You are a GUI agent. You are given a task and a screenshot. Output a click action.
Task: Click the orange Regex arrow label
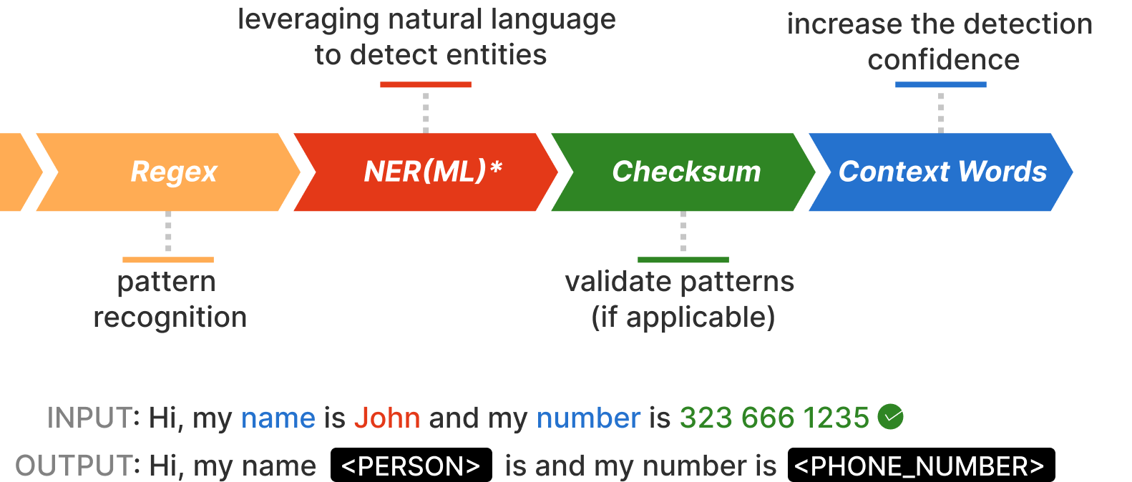[x=174, y=172]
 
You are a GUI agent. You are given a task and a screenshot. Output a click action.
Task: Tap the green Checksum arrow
[x=685, y=172]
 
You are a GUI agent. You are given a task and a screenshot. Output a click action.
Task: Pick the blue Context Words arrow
[x=942, y=172]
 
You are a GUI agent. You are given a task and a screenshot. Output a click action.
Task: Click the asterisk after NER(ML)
[x=496, y=168]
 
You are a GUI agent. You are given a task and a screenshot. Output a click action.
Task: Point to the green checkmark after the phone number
[x=890, y=416]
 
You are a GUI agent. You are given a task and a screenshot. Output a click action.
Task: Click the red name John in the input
[x=387, y=418]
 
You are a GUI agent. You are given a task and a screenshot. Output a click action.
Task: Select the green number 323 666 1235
[x=774, y=418]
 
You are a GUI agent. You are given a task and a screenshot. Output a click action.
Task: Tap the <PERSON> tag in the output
[x=411, y=466]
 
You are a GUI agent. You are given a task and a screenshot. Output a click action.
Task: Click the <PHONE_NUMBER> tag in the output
[x=919, y=466]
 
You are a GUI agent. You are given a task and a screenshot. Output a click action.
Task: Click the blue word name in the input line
[x=278, y=418]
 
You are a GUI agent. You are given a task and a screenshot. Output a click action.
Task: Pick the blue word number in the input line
[x=588, y=418]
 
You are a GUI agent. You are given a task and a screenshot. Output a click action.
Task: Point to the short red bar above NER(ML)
[x=426, y=84]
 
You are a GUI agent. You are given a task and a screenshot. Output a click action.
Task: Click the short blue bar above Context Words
[x=940, y=84]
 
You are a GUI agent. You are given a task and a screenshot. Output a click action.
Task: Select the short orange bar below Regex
[x=168, y=260]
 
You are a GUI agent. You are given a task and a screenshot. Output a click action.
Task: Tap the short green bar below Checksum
[x=683, y=260]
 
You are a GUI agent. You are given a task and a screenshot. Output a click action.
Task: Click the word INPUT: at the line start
[x=93, y=418]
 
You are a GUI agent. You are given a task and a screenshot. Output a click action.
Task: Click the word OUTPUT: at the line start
[x=77, y=466]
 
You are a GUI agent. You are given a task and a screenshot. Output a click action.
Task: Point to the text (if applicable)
[x=683, y=317]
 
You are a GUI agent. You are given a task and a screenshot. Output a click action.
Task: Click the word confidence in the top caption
[x=943, y=60]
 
